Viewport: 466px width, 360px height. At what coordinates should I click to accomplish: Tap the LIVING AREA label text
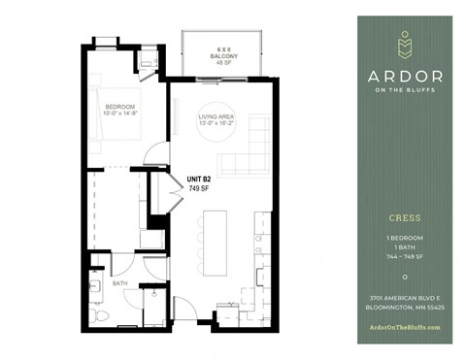(x=215, y=116)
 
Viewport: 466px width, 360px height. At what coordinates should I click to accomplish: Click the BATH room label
(x=120, y=283)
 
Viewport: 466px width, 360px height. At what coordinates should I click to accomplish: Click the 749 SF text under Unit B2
(x=201, y=189)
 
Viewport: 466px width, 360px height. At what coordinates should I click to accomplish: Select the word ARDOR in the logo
(x=406, y=76)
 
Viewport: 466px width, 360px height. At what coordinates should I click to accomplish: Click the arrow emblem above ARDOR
(x=406, y=45)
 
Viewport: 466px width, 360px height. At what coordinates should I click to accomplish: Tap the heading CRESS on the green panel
(x=405, y=220)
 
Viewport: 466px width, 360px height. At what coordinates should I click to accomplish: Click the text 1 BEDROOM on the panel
(x=405, y=237)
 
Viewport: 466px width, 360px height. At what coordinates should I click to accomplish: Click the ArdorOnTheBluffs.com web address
(x=405, y=327)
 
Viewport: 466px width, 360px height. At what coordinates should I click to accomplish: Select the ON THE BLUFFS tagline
(x=406, y=92)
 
